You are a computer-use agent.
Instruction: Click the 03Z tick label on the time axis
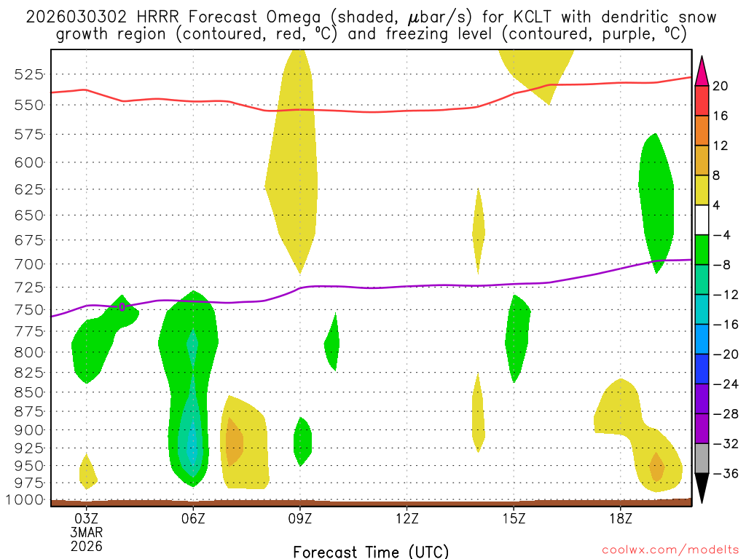(x=87, y=518)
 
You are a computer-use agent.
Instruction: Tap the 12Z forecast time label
(x=407, y=518)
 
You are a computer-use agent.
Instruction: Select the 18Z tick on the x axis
(x=621, y=518)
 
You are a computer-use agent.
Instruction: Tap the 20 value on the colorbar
(x=721, y=86)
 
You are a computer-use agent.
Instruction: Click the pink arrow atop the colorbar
(x=702, y=71)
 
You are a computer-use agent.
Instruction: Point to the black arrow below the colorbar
(x=702, y=488)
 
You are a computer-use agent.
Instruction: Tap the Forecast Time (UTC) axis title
(x=371, y=551)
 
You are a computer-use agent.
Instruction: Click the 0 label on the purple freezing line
(x=122, y=307)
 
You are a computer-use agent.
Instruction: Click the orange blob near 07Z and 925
(x=234, y=443)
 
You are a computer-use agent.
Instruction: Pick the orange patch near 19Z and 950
(x=656, y=467)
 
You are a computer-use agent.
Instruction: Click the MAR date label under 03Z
(x=87, y=532)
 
